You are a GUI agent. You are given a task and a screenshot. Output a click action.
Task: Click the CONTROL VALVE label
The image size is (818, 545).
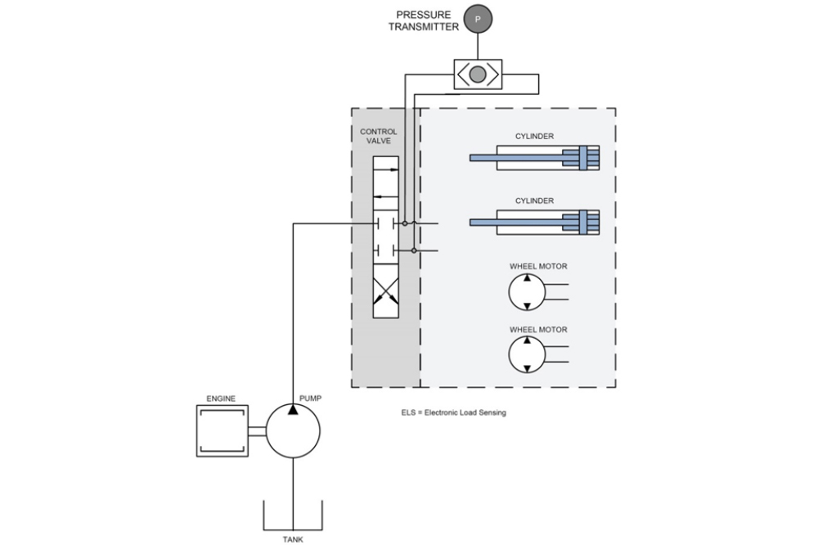click(379, 136)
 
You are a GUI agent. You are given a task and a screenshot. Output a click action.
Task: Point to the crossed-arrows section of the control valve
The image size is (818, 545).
click(385, 296)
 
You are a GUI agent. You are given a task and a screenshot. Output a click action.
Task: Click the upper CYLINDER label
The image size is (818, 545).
click(534, 137)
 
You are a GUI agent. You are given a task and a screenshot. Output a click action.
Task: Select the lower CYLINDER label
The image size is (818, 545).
click(534, 200)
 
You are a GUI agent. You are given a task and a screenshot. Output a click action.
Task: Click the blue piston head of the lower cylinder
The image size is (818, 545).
click(583, 222)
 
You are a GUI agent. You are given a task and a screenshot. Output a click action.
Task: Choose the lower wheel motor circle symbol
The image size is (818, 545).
click(527, 354)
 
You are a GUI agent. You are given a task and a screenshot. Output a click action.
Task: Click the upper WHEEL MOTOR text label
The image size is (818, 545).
click(538, 266)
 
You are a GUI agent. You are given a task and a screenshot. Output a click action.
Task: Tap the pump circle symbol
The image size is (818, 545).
click(293, 430)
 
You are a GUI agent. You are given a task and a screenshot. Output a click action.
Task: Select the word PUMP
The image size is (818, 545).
click(310, 398)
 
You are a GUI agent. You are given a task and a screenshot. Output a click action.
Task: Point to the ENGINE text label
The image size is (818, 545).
click(221, 399)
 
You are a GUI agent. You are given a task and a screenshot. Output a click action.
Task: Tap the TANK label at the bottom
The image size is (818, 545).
click(292, 538)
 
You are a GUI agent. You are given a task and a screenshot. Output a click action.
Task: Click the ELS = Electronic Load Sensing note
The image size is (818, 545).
click(448, 412)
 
